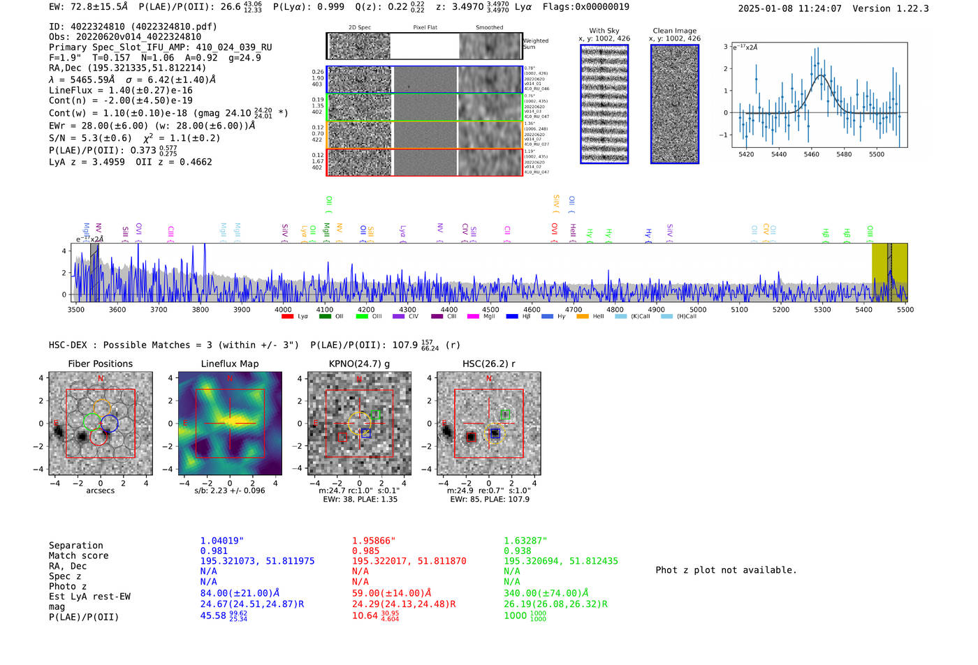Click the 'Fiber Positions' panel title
100,364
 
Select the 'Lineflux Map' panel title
230,364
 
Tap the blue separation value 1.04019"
221,541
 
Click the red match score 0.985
366,551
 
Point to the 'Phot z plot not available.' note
726,570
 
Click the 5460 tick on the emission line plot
811,154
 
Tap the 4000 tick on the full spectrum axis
283,310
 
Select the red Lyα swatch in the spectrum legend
287,317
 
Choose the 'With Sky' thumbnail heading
604,31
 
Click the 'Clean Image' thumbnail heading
675,31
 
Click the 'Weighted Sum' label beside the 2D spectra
536,44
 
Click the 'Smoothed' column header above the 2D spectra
489,28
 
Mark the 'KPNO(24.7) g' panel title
359,364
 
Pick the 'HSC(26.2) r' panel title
489,364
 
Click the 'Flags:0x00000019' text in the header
585,7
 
